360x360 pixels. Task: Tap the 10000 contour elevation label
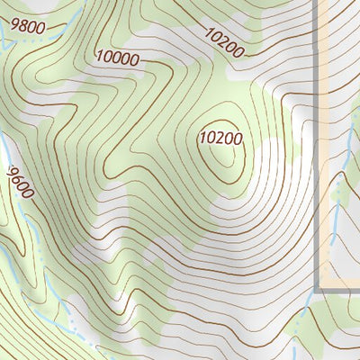point(118,59)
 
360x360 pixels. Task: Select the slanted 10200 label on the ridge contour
point(223,43)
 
